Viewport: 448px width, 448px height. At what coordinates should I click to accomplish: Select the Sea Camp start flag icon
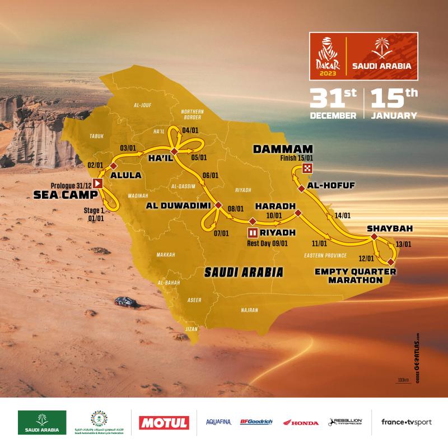[99, 183]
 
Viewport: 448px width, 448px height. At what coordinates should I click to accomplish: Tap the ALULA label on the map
[126, 175]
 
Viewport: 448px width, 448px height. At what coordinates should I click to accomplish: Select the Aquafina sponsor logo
[218, 422]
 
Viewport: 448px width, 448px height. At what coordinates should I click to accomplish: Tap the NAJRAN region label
[249, 309]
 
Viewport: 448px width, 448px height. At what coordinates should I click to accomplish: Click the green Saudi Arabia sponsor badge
[42, 422]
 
